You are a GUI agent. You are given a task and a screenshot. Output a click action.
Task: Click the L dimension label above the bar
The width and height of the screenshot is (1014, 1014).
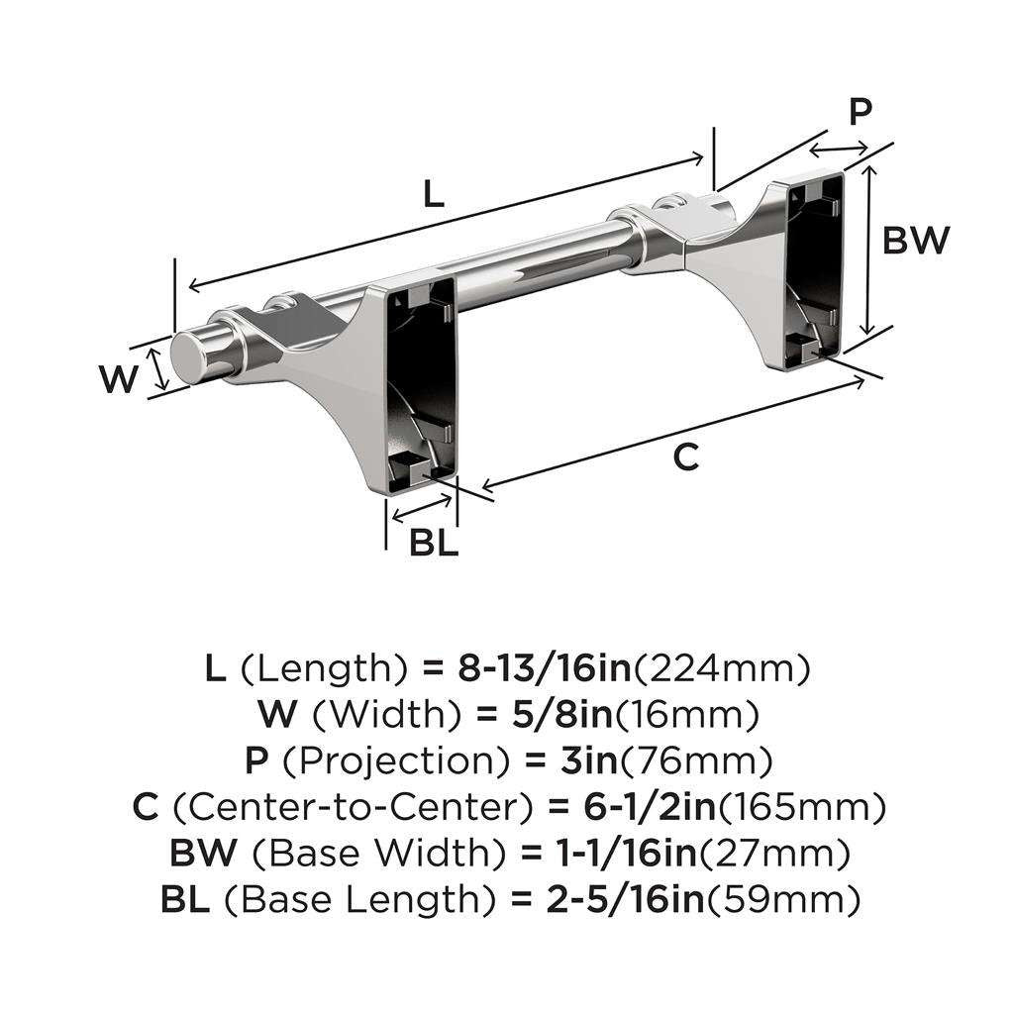[x=434, y=195]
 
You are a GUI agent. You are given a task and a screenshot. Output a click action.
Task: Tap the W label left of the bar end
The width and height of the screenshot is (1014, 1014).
[x=119, y=379]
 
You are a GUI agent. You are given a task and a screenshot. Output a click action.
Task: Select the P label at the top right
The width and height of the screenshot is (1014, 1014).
[x=861, y=113]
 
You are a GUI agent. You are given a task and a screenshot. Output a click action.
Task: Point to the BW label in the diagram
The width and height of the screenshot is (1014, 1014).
[x=916, y=241]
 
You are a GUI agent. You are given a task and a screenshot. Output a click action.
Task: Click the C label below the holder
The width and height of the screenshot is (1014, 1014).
[x=685, y=458]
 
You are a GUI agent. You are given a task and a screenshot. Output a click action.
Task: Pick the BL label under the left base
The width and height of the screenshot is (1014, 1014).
[x=434, y=543]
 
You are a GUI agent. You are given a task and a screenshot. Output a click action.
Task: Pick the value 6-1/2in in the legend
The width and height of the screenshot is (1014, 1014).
[x=632, y=807]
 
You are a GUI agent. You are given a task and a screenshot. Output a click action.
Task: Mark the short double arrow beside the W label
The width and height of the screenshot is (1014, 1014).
[x=157, y=369]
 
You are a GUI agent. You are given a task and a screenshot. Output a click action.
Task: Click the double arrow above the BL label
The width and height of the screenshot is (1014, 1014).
[x=423, y=514]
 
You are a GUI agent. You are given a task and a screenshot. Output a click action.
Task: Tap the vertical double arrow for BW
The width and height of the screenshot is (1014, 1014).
[x=868, y=251]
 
